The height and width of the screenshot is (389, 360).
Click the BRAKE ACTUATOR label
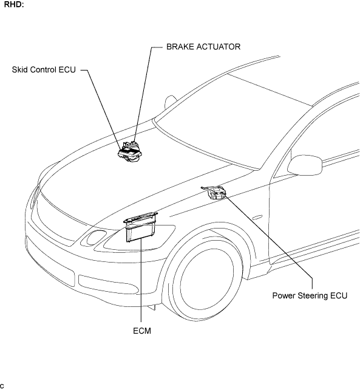(203, 47)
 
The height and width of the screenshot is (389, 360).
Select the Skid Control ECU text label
(44, 70)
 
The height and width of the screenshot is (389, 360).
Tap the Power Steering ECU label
(310, 296)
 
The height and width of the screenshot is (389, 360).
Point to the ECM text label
(142, 331)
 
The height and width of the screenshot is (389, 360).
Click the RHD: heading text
(14, 4)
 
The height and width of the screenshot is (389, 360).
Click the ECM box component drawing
(141, 227)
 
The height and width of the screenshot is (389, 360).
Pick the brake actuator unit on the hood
(131, 152)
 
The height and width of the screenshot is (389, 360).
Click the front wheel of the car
(203, 274)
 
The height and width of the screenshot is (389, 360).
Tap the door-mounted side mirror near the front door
(305, 165)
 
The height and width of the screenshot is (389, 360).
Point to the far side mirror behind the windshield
(170, 102)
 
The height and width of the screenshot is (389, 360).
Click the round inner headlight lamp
(96, 237)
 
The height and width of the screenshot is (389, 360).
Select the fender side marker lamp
(257, 218)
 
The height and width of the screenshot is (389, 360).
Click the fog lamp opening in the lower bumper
(108, 284)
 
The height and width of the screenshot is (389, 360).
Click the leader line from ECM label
(141, 281)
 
